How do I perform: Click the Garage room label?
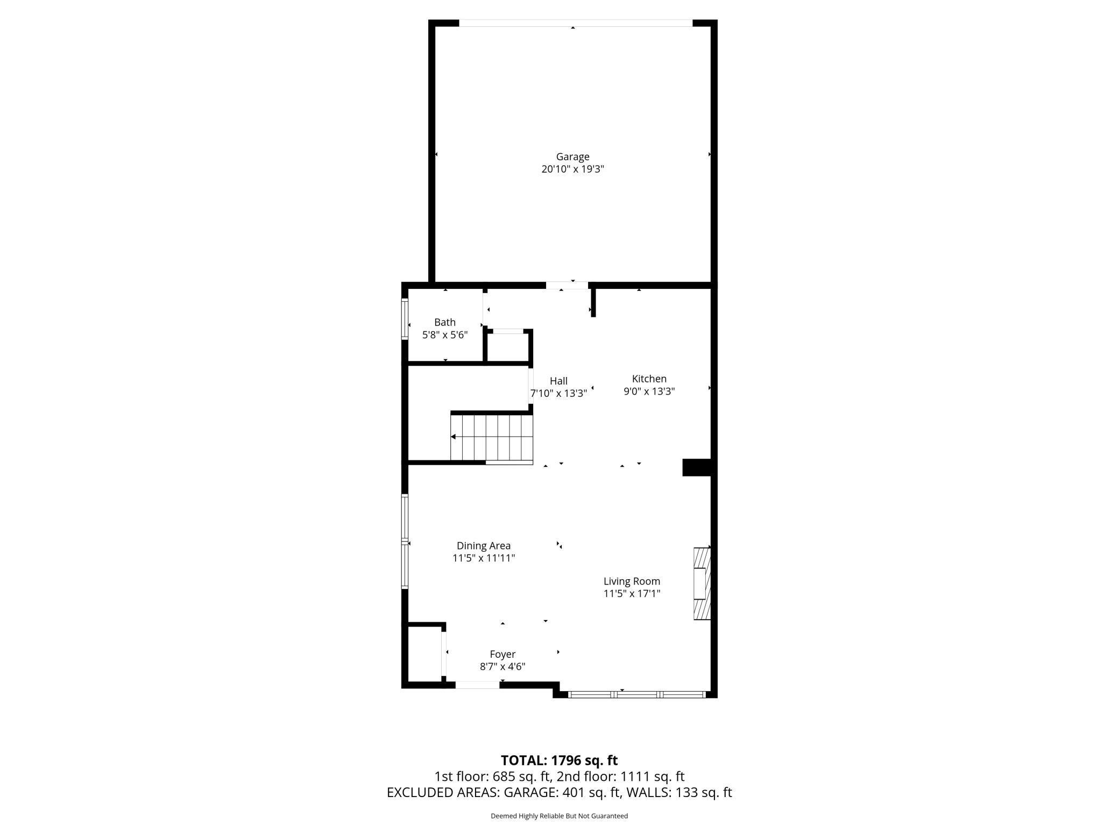pyautogui.click(x=572, y=157)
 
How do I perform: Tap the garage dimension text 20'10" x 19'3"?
pyautogui.click(x=572, y=169)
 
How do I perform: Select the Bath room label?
pyautogui.click(x=445, y=322)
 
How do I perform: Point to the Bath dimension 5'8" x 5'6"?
pyautogui.click(x=445, y=335)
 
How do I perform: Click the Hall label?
pyautogui.click(x=558, y=381)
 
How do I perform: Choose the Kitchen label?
pyautogui.click(x=649, y=379)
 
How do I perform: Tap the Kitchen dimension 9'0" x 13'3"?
pyautogui.click(x=649, y=392)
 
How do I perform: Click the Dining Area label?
pyautogui.click(x=484, y=545)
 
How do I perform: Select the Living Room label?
pyautogui.click(x=632, y=581)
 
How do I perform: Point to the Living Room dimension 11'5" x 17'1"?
pyautogui.click(x=632, y=594)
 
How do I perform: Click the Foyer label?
pyautogui.click(x=502, y=654)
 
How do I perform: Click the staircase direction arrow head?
pyautogui.click(x=454, y=437)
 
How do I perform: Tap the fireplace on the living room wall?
pyautogui.click(x=702, y=584)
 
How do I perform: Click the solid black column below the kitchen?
pyautogui.click(x=697, y=467)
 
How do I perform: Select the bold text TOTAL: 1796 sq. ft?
pyautogui.click(x=559, y=760)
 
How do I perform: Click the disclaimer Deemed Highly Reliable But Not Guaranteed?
pyautogui.click(x=559, y=816)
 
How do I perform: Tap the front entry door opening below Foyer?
pyautogui.click(x=477, y=685)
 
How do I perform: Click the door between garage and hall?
pyautogui.click(x=567, y=285)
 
